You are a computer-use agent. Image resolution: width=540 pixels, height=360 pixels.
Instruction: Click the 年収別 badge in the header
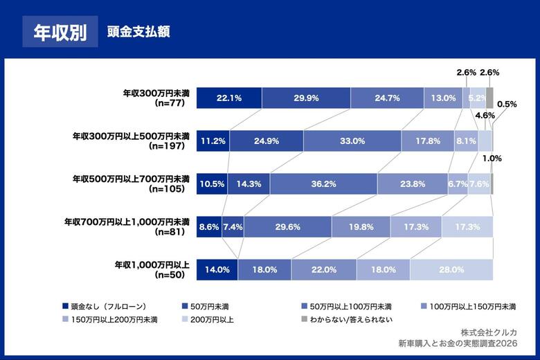click(x=60, y=32)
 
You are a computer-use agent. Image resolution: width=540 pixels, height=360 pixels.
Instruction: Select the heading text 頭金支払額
click(x=138, y=32)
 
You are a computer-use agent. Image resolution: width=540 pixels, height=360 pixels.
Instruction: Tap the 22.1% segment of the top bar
click(x=229, y=98)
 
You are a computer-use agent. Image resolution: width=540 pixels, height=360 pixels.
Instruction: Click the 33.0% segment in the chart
click(x=352, y=141)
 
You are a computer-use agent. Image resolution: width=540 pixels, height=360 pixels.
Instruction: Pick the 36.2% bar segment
click(x=323, y=184)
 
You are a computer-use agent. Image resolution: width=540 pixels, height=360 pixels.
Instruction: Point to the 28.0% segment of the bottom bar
click(x=451, y=269)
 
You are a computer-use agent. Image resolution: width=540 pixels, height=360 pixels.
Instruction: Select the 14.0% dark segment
click(x=217, y=269)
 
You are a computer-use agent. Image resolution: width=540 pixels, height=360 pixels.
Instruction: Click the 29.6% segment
click(x=287, y=226)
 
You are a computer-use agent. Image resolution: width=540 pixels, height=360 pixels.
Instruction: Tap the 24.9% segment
click(x=267, y=141)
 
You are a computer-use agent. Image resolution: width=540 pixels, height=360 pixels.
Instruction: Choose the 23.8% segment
click(x=412, y=184)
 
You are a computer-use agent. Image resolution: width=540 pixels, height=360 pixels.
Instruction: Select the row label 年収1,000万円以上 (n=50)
click(x=152, y=269)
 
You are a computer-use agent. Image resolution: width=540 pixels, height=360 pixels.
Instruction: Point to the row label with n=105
click(x=132, y=183)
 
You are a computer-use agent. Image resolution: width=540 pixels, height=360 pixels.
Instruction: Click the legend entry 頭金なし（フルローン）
click(x=105, y=306)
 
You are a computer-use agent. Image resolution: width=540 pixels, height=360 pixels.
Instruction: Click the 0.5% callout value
click(x=507, y=105)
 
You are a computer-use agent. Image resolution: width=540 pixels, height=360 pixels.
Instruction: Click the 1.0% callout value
click(x=492, y=159)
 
